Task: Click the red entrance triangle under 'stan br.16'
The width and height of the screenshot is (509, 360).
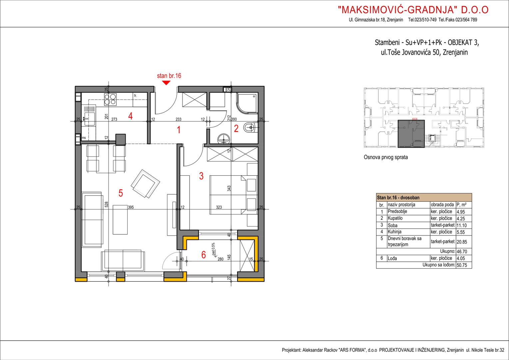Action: click(x=166, y=83)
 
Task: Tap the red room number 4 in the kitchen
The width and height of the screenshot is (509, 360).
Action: click(x=130, y=116)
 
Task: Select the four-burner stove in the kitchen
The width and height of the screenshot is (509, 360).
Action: click(x=110, y=100)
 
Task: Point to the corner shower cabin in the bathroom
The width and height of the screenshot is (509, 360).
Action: click(x=247, y=103)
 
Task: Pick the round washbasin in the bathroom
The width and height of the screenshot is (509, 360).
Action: click(x=224, y=139)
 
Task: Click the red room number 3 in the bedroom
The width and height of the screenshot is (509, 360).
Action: click(x=201, y=176)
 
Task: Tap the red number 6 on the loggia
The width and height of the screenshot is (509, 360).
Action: click(x=204, y=255)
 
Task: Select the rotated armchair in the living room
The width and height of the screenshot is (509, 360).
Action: click(x=146, y=184)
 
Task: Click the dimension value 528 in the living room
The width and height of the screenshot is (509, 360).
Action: click(x=107, y=204)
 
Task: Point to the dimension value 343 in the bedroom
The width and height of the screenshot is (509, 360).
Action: click(x=229, y=188)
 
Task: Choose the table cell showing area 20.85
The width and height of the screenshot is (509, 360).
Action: click(x=462, y=242)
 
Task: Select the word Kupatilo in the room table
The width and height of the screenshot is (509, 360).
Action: click(x=395, y=218)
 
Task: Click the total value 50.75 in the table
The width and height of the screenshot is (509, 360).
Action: click(x=462, y=265)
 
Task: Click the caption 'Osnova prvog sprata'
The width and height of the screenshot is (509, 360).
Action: click(x=386, y=157)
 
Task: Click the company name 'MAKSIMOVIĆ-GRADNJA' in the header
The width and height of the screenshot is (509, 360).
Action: click(x=397, y=10)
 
